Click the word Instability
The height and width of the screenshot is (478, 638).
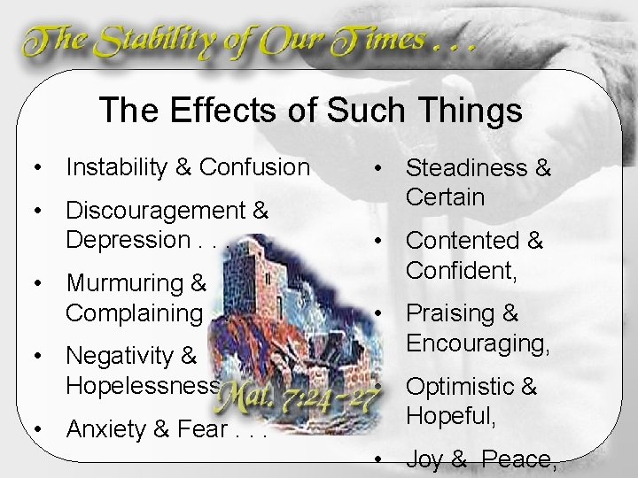119,166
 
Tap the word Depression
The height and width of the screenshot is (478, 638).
122,239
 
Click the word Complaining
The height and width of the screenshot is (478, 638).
134,312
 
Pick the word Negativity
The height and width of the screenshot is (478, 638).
120,357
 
